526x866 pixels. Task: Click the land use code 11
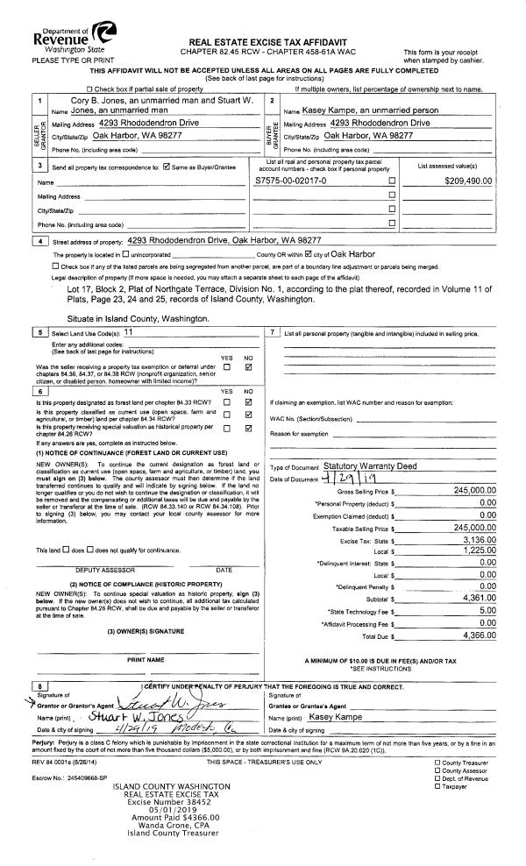pos(129,333)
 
